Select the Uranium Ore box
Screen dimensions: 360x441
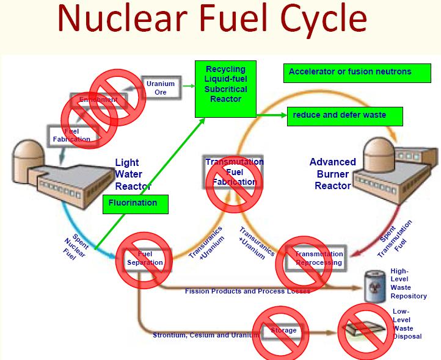[161, 88]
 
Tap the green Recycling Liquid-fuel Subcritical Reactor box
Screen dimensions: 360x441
[224, 89]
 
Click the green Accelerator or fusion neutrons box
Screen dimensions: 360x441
[350, 72]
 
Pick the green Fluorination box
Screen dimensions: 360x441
[135, 203]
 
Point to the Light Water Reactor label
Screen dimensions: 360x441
[132, 175]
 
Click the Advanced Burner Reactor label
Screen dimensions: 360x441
[333, 174]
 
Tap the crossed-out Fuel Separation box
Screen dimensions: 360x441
[145, 259]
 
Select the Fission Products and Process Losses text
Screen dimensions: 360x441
[247, 291]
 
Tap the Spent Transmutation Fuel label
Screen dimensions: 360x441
[393, 237]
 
